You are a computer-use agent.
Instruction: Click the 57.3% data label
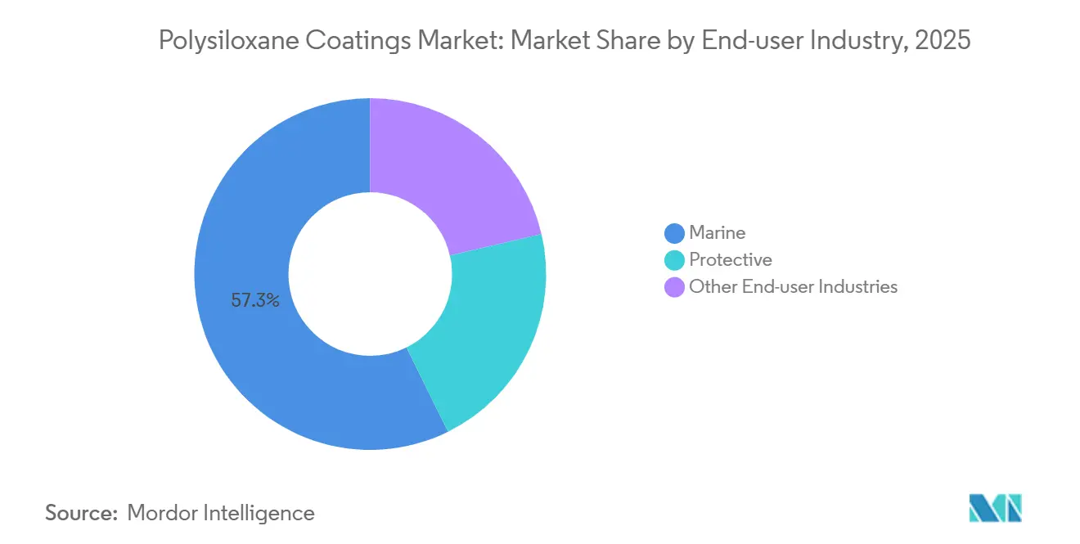[255, 300]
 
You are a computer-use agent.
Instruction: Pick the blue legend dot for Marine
[674, 233]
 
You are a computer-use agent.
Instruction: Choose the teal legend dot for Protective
[674, 260]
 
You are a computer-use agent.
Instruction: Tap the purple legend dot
[674, 287]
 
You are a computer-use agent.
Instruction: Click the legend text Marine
[717, 233]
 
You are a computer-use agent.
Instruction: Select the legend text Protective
[731, 260]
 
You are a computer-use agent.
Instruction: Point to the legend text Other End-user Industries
[793, 287]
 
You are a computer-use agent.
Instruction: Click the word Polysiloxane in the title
[229, 41]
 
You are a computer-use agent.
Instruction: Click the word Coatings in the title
[358, 41]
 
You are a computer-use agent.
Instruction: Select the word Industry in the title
[857, 41]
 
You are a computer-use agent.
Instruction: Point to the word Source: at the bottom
[82, 513]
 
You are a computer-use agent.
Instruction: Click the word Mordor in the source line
[162, 513]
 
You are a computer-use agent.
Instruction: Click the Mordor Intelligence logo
[995, 508]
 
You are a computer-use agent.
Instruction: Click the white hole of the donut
[371, 274]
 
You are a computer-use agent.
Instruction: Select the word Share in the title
[628, 40]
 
